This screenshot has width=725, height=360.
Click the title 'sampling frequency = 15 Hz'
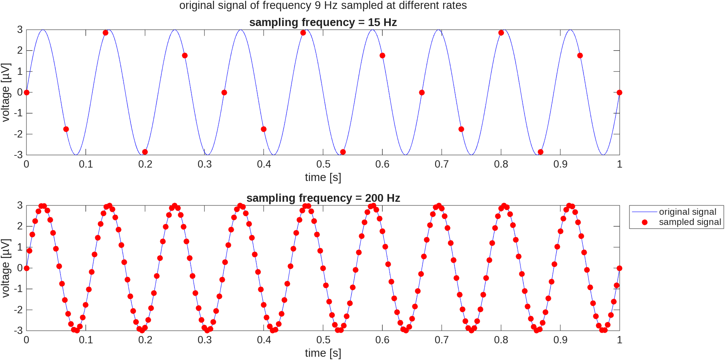323,22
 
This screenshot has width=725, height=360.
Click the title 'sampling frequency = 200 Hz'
323,198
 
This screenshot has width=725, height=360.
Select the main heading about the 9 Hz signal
323,6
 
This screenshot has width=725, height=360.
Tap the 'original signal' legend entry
687,212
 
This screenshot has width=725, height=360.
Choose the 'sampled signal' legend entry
690,222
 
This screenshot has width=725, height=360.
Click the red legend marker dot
644,222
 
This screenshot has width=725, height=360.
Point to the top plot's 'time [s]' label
323,177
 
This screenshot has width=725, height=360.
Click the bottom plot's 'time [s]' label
323,353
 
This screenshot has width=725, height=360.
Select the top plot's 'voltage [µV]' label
5,92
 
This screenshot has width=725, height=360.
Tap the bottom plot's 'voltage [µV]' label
5,268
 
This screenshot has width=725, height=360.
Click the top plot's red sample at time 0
26,92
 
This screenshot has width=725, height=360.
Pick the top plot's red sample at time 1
619,92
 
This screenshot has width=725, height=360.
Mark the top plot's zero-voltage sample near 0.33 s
224,92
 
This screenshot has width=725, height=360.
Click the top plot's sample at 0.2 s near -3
145,152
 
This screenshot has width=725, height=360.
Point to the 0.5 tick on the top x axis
323,164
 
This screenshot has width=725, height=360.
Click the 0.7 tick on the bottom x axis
442,340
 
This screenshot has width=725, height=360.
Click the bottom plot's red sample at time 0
26,268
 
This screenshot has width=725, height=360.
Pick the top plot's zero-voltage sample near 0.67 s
422,92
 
